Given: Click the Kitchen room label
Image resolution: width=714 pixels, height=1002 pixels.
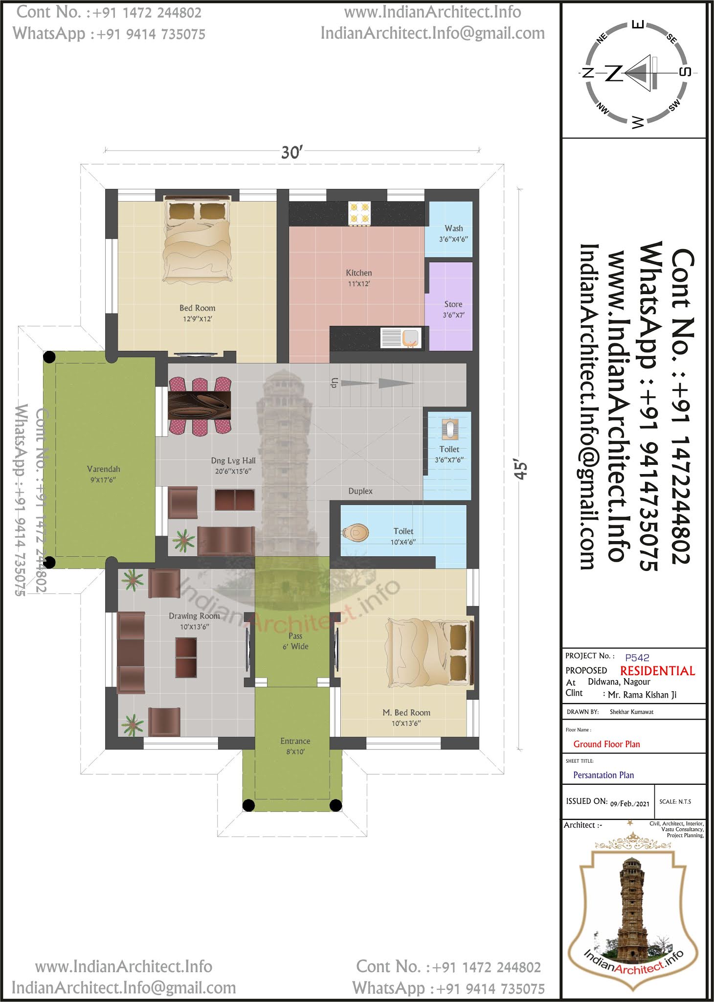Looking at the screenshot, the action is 359,273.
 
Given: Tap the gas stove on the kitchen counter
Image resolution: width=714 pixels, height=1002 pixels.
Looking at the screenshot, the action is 359,214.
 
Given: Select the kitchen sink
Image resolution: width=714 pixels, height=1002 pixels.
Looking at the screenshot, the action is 401,338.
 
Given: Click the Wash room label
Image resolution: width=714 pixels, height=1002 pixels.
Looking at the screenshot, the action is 454,228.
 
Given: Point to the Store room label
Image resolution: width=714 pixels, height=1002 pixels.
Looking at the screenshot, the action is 453,304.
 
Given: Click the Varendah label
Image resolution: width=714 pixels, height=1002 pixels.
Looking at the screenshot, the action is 103,469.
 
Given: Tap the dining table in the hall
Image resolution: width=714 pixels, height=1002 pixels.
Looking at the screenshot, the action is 200,405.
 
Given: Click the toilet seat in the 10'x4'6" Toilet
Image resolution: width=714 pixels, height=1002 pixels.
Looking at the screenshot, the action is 356,532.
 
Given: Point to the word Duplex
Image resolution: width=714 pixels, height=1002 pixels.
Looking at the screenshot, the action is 360,491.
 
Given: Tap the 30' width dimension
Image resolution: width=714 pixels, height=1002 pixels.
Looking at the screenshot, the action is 292,153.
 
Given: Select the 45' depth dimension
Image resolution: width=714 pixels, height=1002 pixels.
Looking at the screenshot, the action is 521,469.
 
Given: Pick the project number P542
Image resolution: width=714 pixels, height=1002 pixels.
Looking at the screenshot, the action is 637,658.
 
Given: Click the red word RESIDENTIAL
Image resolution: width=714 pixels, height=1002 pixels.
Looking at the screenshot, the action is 658,671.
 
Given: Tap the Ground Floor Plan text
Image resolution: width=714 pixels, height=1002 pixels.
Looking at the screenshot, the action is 606,744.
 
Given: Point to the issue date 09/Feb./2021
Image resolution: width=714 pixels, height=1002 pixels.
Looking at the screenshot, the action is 630,803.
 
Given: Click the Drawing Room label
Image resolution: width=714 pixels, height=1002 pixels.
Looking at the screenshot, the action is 194,616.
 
